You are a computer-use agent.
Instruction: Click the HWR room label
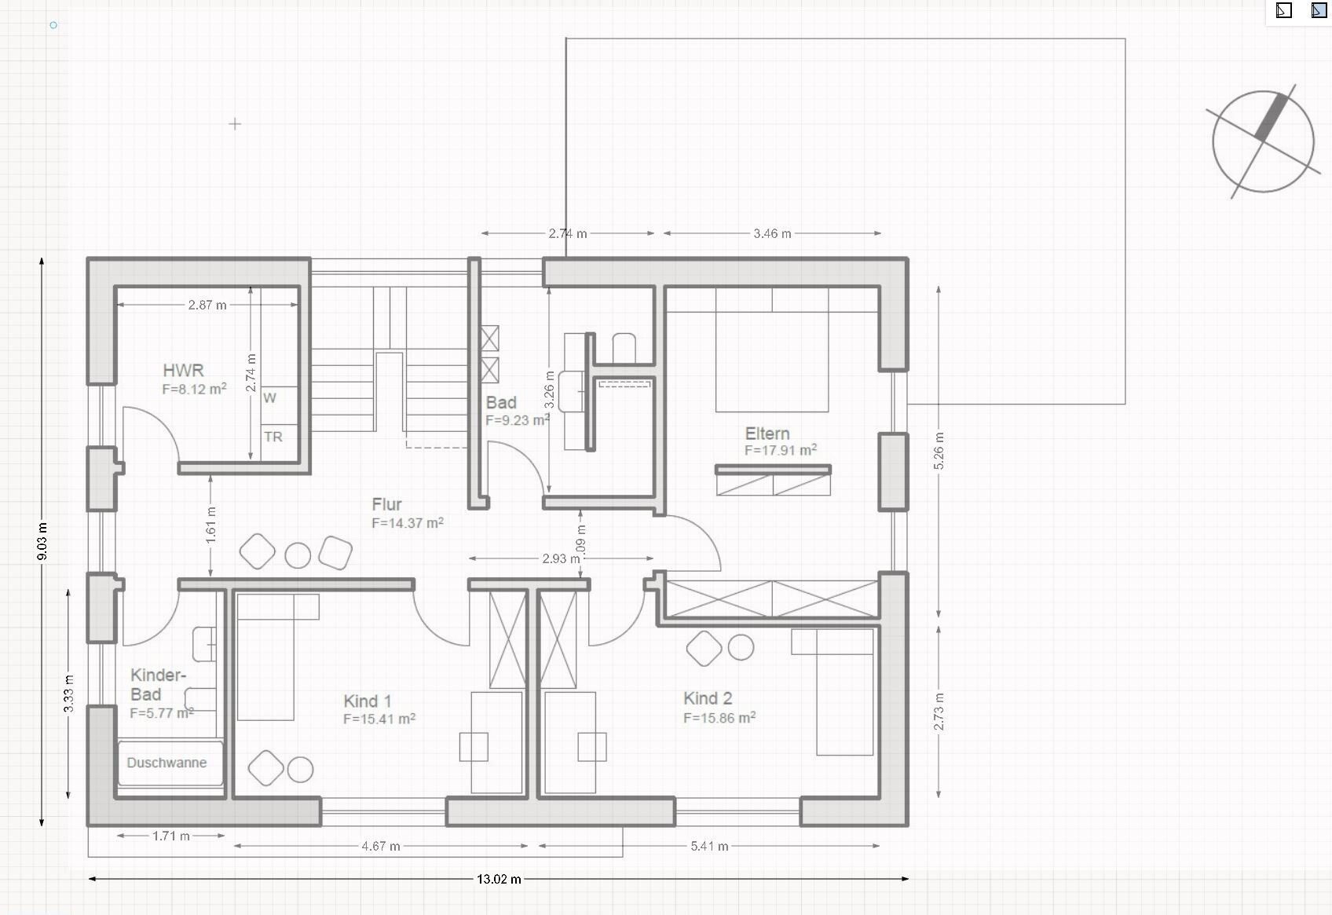point(183,371)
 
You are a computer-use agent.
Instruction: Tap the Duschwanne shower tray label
point(166,763)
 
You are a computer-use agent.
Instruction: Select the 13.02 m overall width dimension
point(498,879)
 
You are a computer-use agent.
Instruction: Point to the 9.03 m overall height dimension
point(42,541)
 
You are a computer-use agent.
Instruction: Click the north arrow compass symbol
point(1263,141)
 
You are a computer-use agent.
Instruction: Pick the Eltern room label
point(767,434)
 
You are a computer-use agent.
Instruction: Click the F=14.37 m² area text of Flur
point(408,523)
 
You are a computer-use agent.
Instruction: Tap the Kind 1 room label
point(368,701)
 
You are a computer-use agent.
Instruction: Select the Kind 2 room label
point(708,698)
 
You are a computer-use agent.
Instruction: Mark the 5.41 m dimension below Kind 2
point(709,846)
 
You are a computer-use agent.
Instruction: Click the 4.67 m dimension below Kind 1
point(381,846)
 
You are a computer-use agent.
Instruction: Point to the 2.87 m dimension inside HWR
point(207,305)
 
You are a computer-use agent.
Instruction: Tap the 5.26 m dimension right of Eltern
point(939,452)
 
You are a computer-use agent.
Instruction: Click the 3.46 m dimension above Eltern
point(772,233)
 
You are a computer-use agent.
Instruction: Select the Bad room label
point(501,402)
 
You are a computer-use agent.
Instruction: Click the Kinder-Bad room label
point(158,685)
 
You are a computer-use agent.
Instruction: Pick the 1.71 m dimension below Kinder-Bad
point(170,836)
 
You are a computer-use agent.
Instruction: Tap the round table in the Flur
point(298,556)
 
